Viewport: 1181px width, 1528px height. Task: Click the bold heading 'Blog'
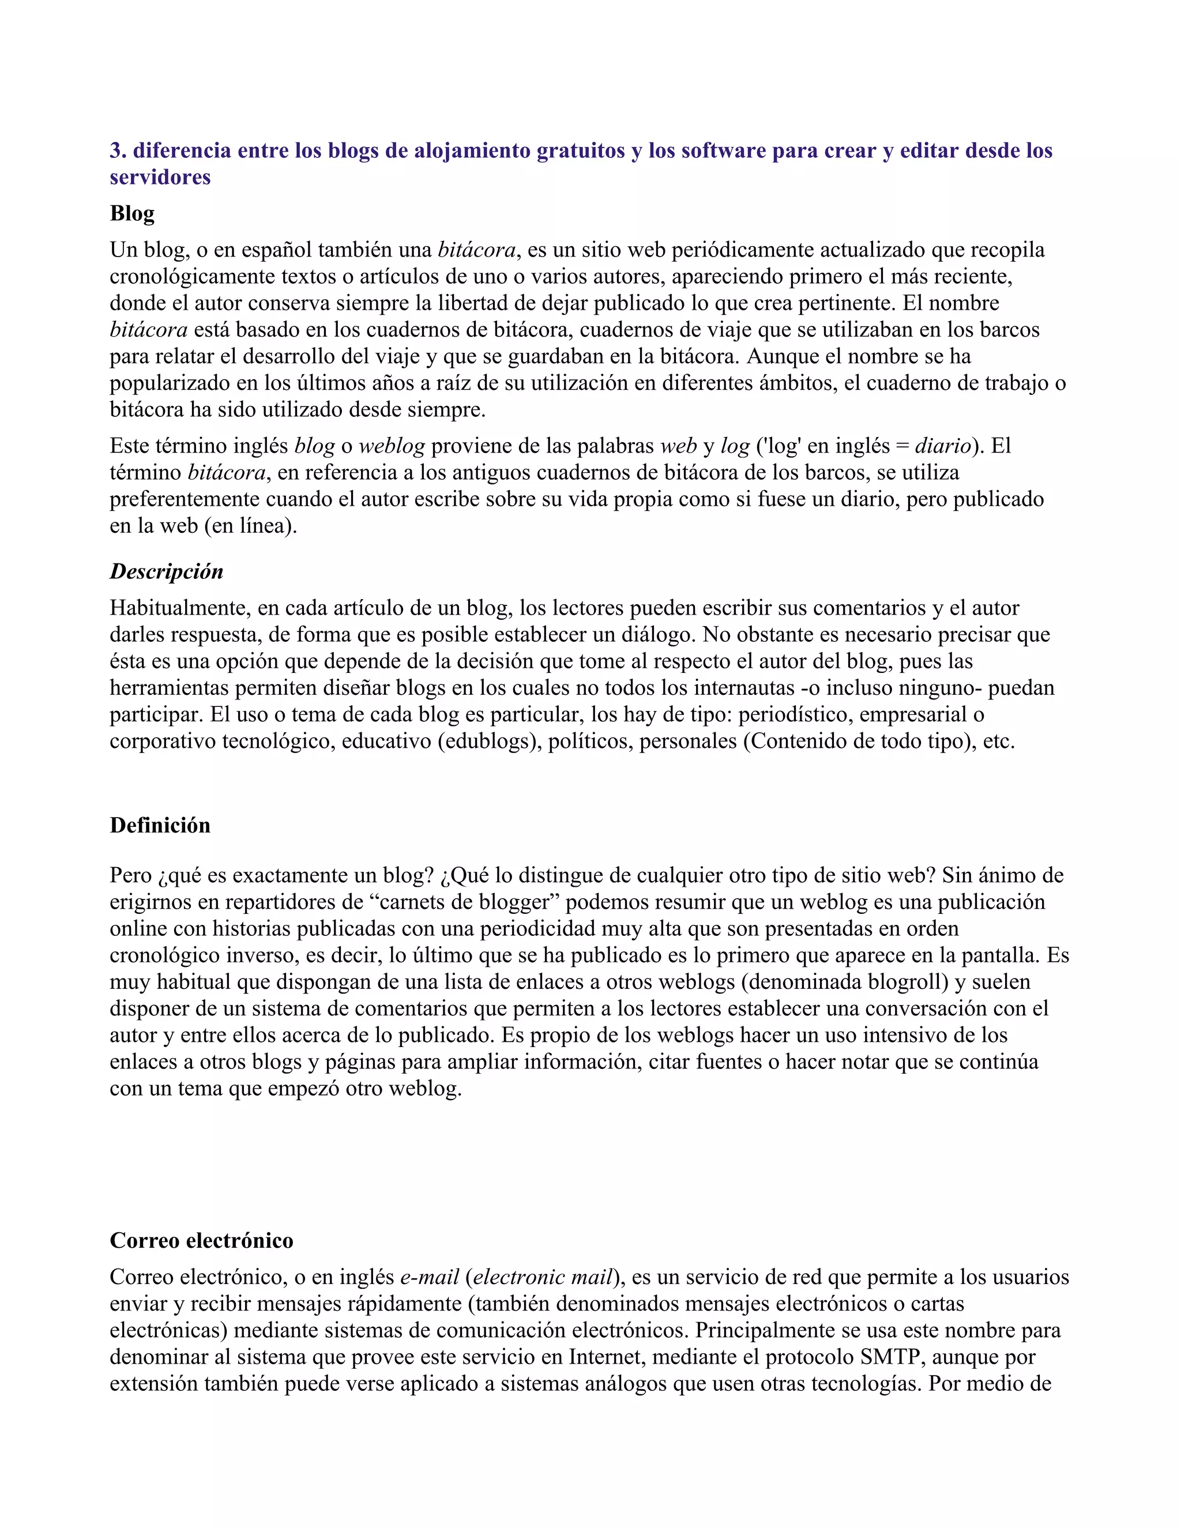[x=132, y=213]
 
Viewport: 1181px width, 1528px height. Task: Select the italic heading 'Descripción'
[x=167, y=571]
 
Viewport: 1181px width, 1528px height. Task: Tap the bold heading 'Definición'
[x=160, y=826]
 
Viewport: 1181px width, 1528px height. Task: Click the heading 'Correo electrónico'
[x=201, y=1240]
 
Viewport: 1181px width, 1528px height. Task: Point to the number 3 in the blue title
[x=115, y=150]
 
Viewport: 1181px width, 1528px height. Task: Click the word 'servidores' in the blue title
[x=160, y=177]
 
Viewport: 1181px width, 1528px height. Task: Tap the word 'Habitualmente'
[x=180, y=608]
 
